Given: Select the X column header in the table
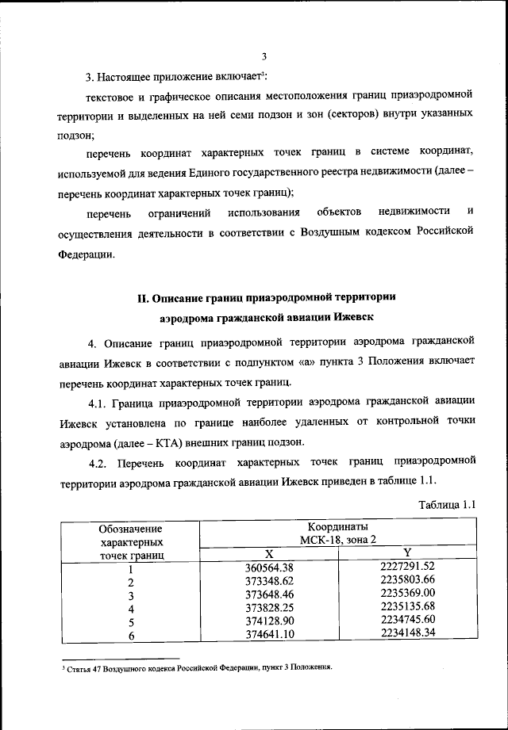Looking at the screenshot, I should coord(269,553).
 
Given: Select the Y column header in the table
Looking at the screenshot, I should coord(406,553).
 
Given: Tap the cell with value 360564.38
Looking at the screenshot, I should coord(269,567).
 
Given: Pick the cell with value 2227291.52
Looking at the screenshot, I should coord(408,566).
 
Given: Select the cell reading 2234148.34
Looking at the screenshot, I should coord(408,633).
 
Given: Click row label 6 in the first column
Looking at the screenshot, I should coord(130,634).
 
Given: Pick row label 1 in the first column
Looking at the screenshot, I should coord(130,568).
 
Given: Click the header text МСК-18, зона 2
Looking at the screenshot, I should coord(338,540).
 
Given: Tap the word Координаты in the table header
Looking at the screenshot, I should coord(338,526).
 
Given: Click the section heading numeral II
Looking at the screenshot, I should coord(144,298).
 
